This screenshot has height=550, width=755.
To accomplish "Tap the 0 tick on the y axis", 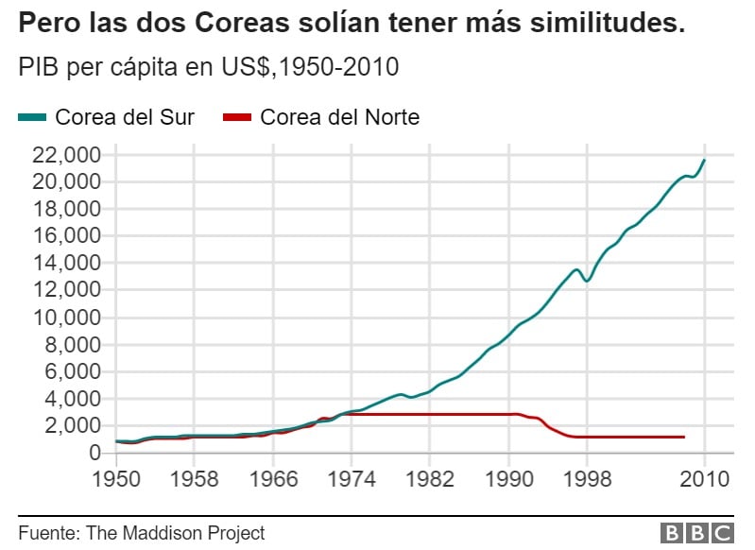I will [x=94, y=454].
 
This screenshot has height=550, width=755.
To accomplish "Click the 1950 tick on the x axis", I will [x=117, y=479].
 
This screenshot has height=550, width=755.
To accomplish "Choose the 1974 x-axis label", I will [x=352, y=479].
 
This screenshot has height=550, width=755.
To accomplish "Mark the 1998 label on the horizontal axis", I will [x=587, y=479].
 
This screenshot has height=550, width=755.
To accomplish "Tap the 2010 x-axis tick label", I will [x=704, y=479].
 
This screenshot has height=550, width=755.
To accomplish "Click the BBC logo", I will [x=696, y=533].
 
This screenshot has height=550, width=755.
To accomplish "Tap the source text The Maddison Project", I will [x=175, y=533].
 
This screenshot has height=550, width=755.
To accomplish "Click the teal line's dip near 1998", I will [x=587, y=281].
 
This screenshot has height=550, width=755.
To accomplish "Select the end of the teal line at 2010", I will [x=704, y=160].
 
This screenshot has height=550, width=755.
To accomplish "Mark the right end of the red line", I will [x=683, y=437].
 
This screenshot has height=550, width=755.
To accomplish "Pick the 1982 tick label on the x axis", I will [x=430, y=479].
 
